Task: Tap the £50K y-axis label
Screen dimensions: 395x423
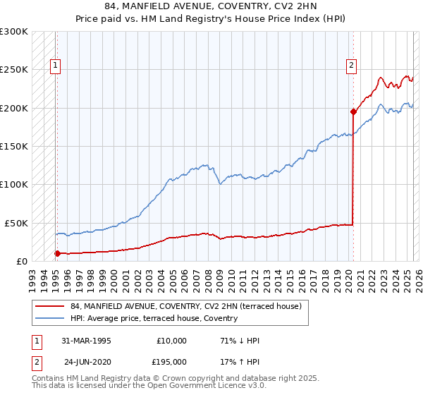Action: (16, 223)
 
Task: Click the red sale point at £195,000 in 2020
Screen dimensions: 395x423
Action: (353, 111)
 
